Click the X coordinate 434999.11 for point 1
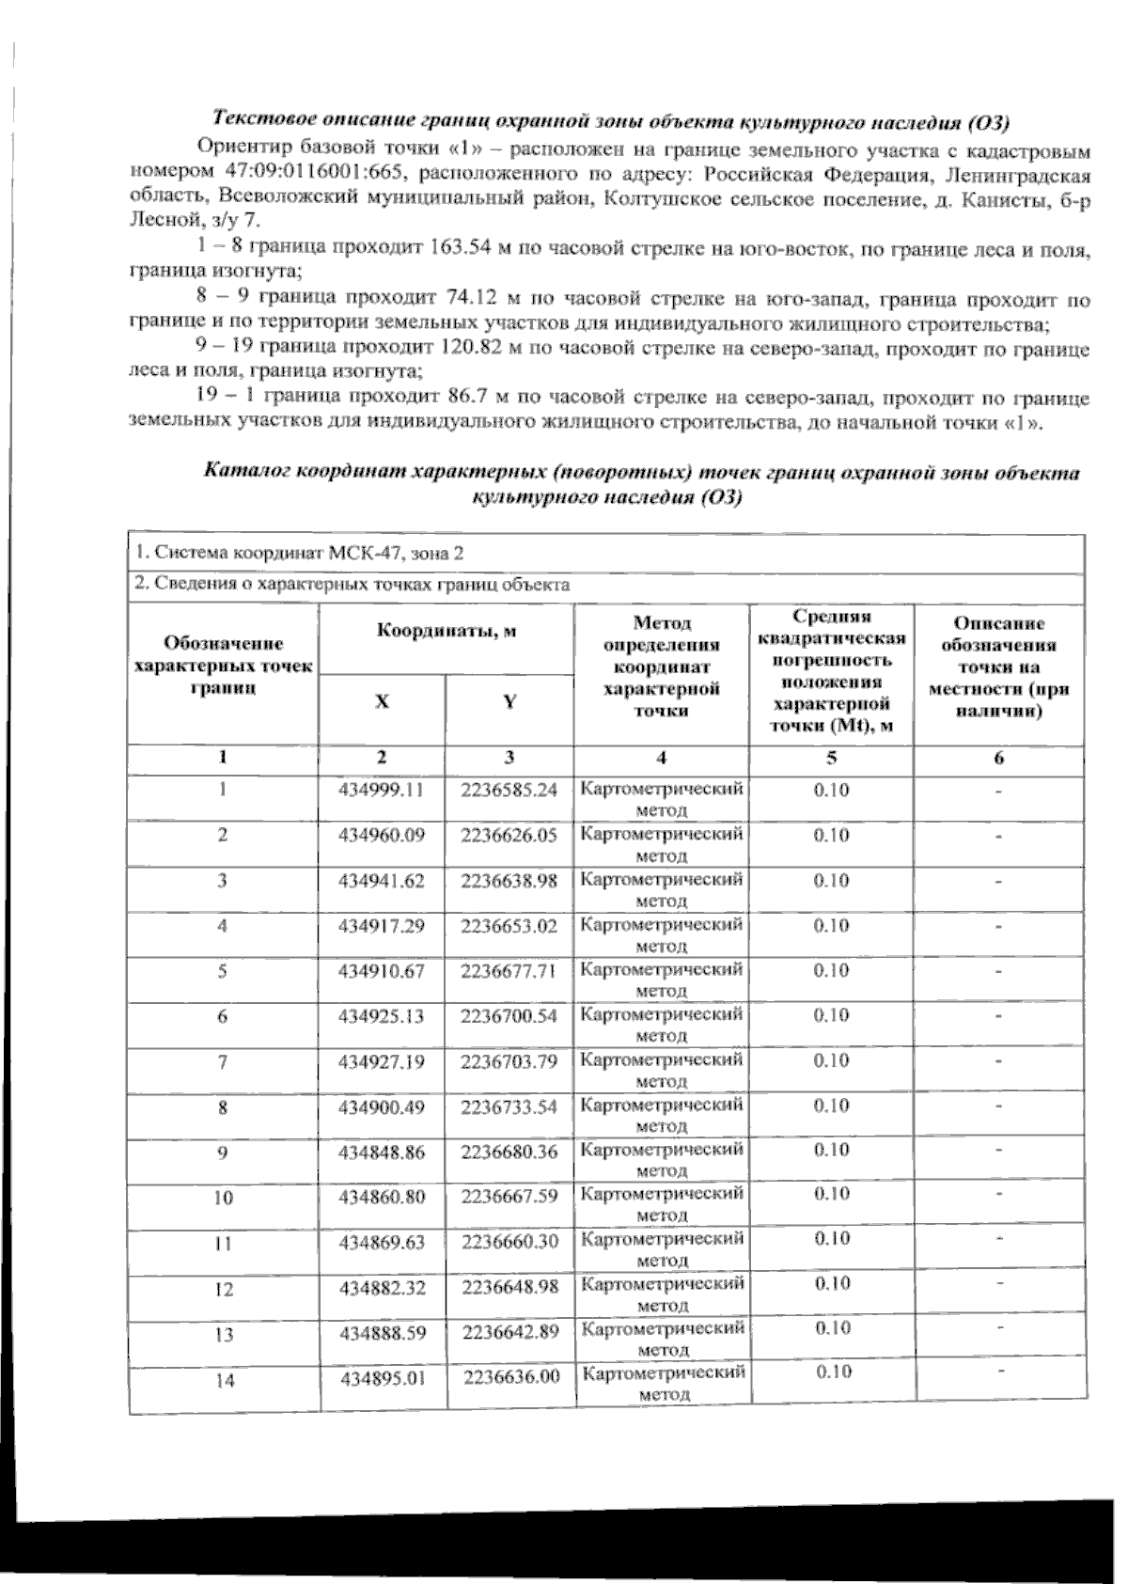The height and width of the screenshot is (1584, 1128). pos(382,790)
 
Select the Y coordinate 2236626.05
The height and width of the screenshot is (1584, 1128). pos(509,835)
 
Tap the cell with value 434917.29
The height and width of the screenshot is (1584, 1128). pos(382,926)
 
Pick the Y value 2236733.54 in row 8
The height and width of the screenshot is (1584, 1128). pos(509,1106)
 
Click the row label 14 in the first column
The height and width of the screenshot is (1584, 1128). pos(224,1381)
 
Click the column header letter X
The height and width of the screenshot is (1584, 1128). pos(382,701)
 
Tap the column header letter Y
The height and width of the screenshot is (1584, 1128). pos(509,701)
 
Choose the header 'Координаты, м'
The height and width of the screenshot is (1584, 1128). pos(446,631)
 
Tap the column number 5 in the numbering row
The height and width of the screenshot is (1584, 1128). pos(831,758)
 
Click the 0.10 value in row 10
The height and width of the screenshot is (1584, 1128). pos(832,1194)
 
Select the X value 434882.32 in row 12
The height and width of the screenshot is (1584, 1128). pos(383,1288)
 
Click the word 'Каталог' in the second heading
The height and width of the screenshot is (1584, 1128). pos(245,473)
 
